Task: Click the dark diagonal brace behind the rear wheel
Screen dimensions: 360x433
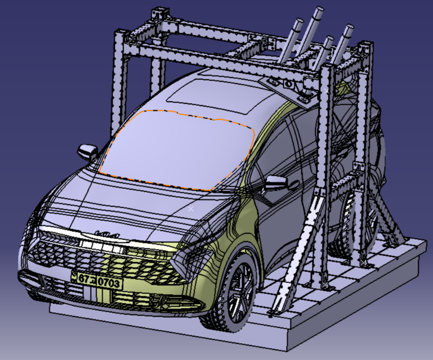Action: (389, 219)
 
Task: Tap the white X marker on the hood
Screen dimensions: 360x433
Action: (191, 209)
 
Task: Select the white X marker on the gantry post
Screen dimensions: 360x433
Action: (326, 89)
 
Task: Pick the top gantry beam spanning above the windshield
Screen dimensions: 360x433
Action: (225, 59)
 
